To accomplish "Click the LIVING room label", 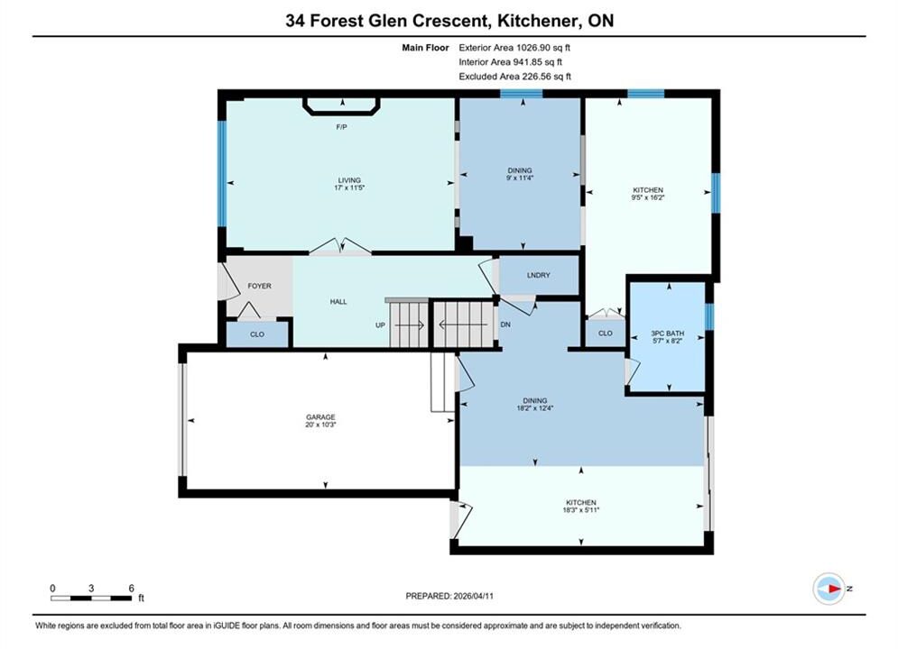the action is [349, 180].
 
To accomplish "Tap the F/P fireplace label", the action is [341, 127].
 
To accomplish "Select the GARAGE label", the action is [320, 417].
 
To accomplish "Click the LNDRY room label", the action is [538, 275].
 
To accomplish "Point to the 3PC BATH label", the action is [668, 334].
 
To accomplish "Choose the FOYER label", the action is [259, 286].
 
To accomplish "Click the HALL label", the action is [338, 301].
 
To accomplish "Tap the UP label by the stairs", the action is [380, 324].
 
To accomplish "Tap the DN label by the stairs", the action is [505, 324].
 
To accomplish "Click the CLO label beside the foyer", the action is [257, 334].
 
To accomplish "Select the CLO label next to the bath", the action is [606, 333].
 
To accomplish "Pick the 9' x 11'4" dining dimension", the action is [520, 178].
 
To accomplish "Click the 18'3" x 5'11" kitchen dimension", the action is [580, 510].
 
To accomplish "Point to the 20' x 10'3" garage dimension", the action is [320, 425].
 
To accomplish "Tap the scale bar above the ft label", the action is [91, 599].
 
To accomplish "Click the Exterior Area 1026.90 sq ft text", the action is [514, 48].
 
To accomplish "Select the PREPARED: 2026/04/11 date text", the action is [449, 596].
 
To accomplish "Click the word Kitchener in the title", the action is [537, 21].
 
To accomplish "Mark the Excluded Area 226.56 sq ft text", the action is [514, 77].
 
